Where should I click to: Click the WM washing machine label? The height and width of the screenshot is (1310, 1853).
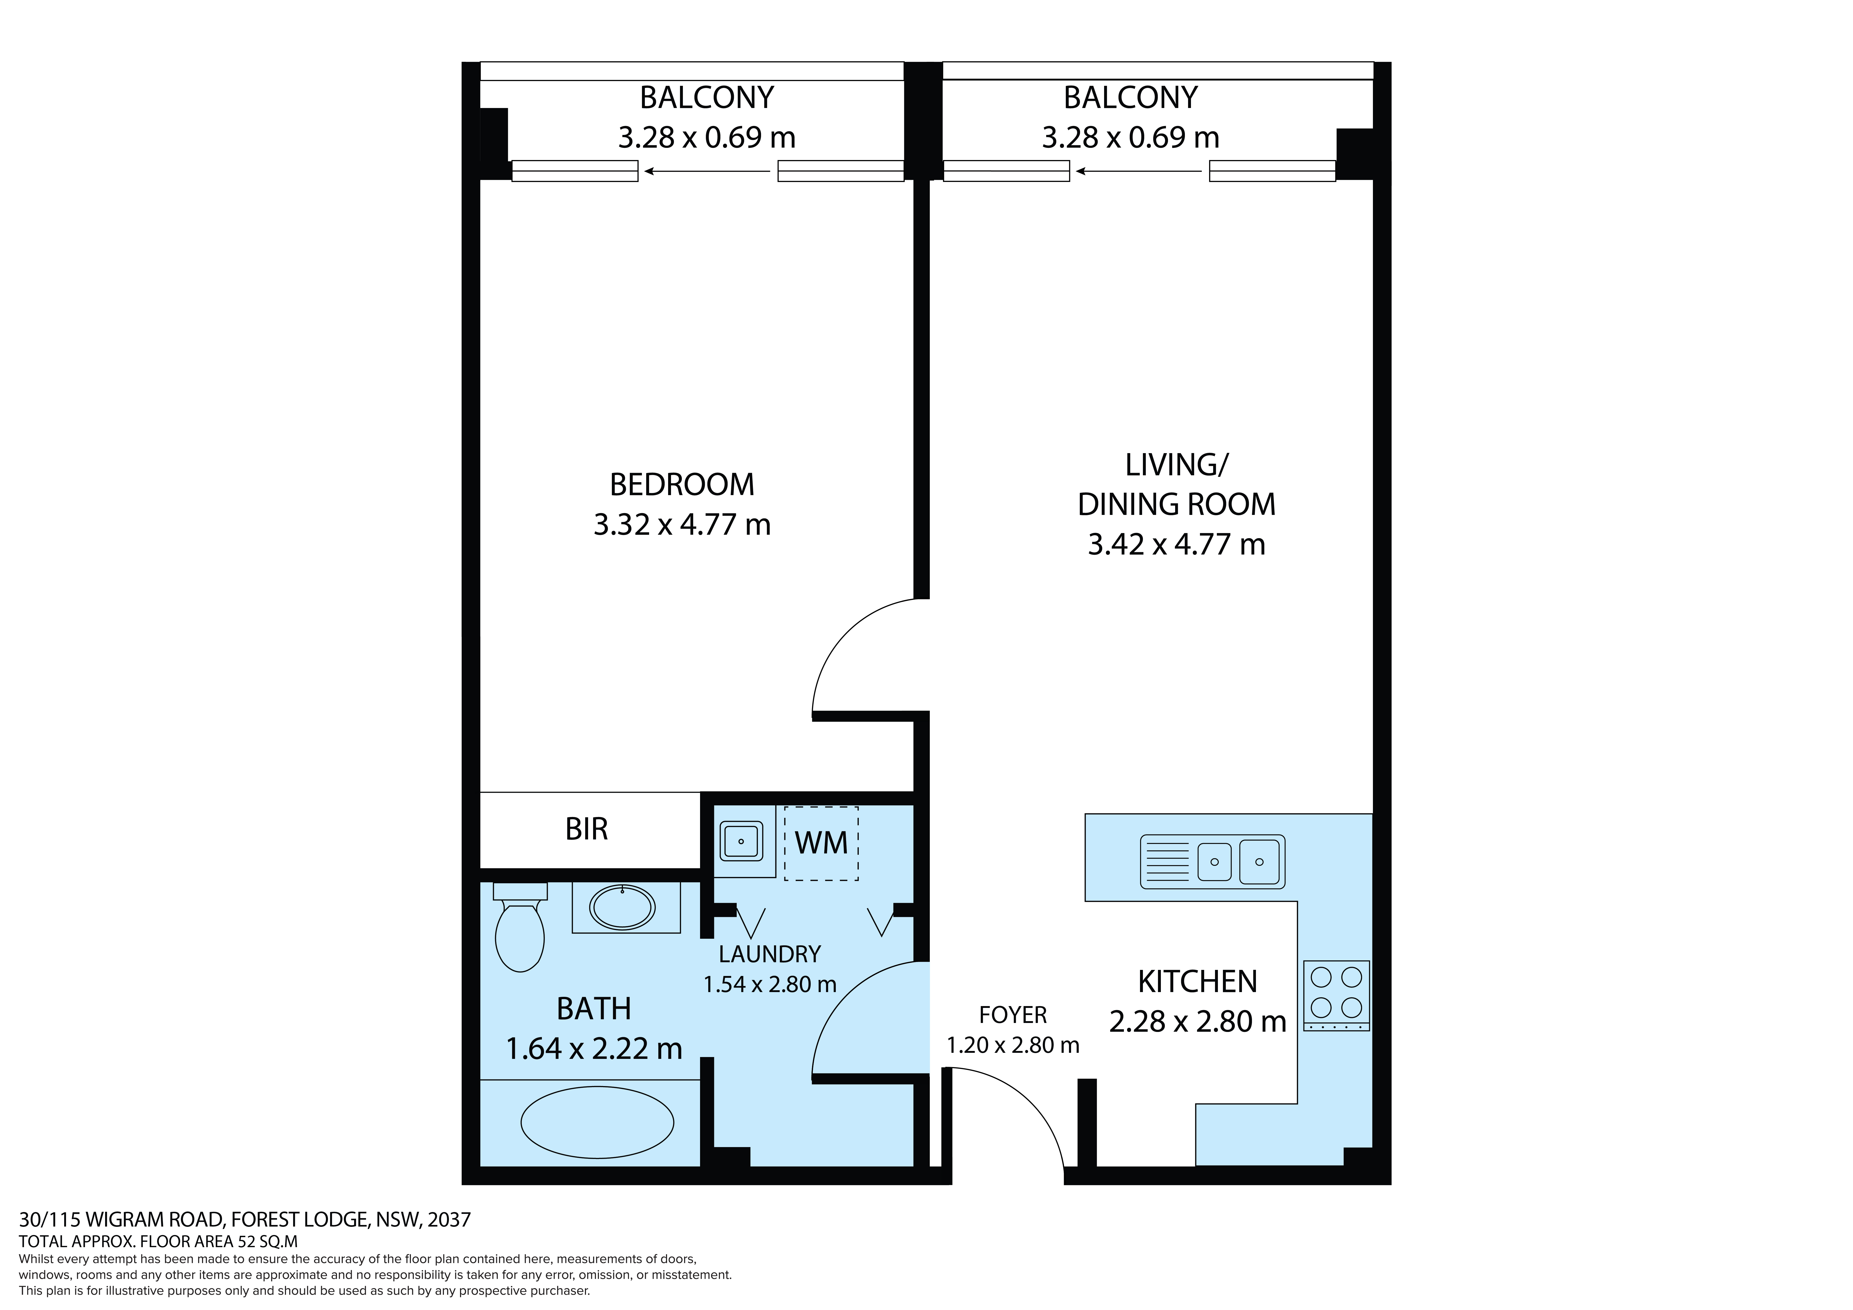click(822, 843)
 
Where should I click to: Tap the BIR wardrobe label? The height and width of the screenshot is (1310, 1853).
click(587, 829)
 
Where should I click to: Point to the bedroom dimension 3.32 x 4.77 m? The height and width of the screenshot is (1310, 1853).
click(682, 525)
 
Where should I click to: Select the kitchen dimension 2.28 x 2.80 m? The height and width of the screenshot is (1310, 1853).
click(1198, 1022)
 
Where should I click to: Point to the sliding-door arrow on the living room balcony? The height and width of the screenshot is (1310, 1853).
click(1138, 171)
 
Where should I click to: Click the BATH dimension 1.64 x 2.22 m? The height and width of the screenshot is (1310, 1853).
click(594, 1049)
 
